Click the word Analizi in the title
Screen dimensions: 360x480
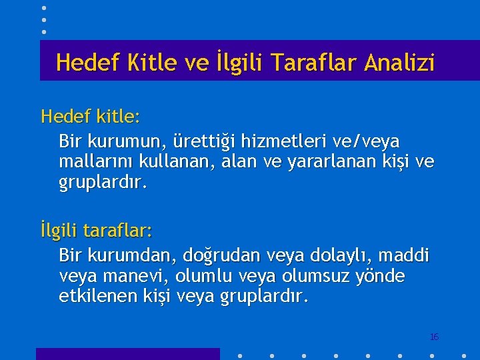pos(399,63)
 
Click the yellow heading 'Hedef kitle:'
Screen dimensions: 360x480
pos(90,117)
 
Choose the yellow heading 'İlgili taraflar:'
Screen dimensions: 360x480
pos(97,231)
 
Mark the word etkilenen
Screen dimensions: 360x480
pos(97,295)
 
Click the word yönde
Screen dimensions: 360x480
pos(382,275)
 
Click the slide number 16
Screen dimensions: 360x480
pos(434,337)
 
